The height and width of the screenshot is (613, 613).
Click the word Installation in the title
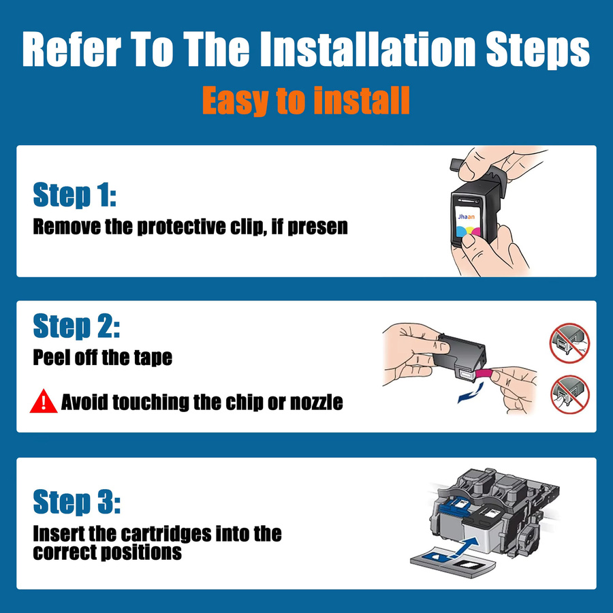click(368, 50)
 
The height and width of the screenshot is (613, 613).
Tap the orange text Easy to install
click(306, 101)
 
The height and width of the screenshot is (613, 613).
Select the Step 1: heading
click(75, 195)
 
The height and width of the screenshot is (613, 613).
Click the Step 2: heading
click(76, 326)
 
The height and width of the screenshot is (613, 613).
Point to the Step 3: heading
click(76, 501)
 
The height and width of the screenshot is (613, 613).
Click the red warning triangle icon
click(44, 401)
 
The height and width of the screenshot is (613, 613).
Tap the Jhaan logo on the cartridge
click(466, 217)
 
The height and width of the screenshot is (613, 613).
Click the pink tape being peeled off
click(484, 373)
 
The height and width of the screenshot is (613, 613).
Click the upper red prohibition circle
click(569, 343)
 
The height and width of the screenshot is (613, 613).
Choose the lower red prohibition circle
click(569, 394)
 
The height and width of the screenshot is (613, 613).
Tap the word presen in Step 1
click(317, 227)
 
